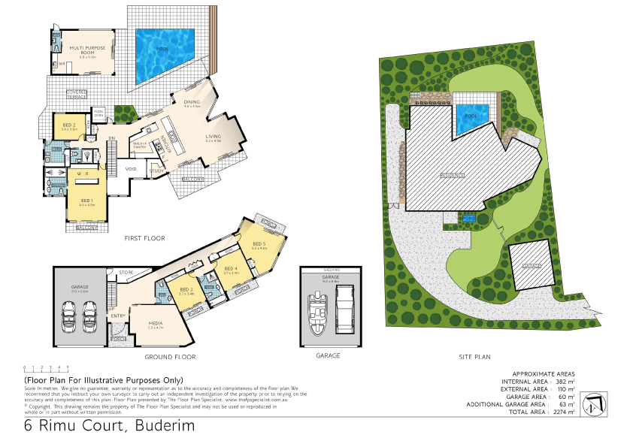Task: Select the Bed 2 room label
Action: coord(68,125)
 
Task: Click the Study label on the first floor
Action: coord(157,171)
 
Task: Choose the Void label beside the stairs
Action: coord(131,168)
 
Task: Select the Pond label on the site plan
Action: coord(470,218)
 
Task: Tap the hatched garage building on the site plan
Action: coord(532,264)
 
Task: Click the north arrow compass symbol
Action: coord(593,403)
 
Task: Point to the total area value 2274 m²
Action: coord(563,412)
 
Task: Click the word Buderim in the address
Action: coord(165,426)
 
